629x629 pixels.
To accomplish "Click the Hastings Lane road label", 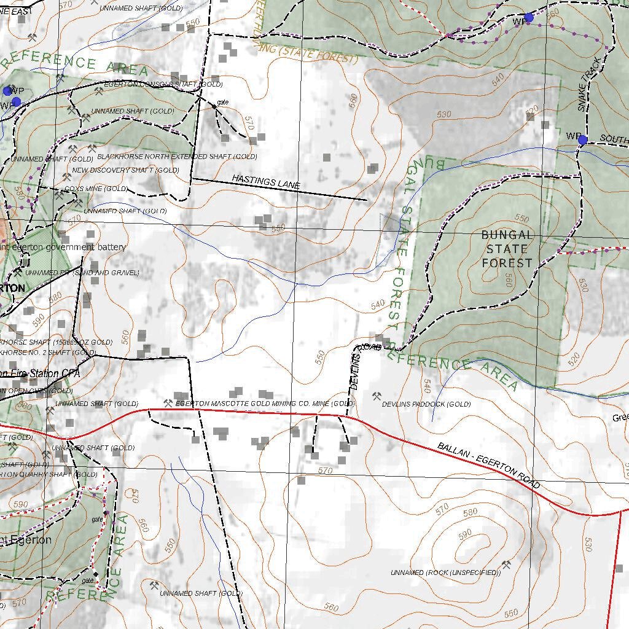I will pos(265,181).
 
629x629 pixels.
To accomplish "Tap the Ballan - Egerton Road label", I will pos(489,466).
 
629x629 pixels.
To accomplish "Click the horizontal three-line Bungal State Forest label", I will pos(507,249).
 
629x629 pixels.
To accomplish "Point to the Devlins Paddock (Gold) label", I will pos(426,404).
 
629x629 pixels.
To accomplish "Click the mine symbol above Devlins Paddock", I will pos(377,396).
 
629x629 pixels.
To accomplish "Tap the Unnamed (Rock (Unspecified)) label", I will pos(446,572).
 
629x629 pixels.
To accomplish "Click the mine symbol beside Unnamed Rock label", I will pos(507,564).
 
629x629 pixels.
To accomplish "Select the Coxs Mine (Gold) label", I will pos(100,189).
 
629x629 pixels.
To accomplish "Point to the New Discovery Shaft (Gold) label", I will pos(125,170).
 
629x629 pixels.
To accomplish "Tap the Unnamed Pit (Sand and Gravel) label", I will pos(82,272).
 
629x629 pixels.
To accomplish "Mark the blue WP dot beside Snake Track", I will pos(582,140).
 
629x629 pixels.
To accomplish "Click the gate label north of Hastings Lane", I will pos(222,102).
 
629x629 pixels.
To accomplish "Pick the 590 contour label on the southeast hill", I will pos(465,532).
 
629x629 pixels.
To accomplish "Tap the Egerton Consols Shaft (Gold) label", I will pos(163,84).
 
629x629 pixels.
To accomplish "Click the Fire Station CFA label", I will pos(42,373).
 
